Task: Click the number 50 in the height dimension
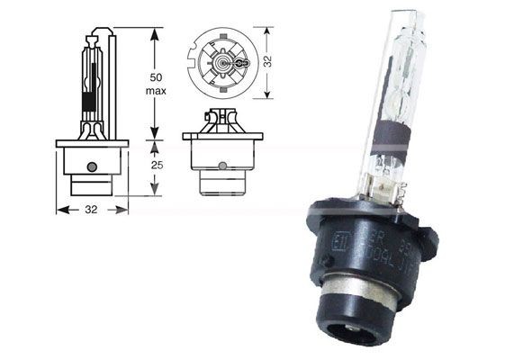[x=156, y=77]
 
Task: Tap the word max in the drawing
[x=156, y=92]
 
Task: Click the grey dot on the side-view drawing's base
[x=92, y=166]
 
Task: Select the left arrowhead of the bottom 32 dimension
[x=59, y=210]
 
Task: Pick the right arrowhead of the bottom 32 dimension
[x=125, y=210]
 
